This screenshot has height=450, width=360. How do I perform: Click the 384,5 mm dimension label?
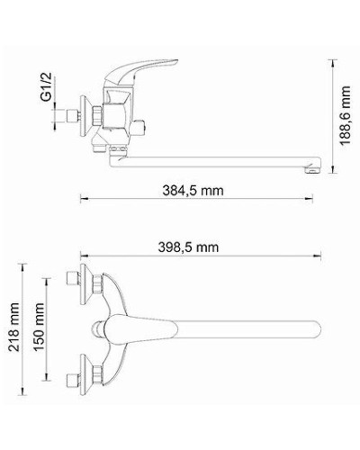193,190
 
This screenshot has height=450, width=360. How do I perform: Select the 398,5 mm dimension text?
193,246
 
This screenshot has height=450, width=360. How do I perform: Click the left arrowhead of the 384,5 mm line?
83,201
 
